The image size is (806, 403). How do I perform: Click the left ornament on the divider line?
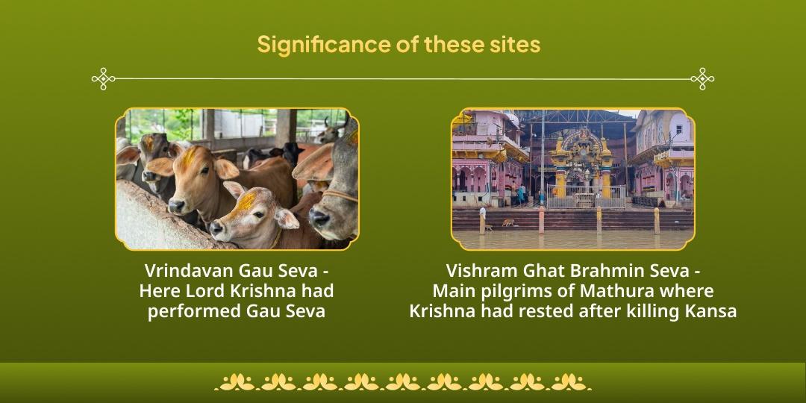[103, 78]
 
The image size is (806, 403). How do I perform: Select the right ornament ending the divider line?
[702, 78]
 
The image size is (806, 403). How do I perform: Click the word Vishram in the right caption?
[480, 270]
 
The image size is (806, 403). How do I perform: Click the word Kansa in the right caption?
[710, 310]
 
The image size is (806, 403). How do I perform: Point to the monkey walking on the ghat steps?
[508, 222]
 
